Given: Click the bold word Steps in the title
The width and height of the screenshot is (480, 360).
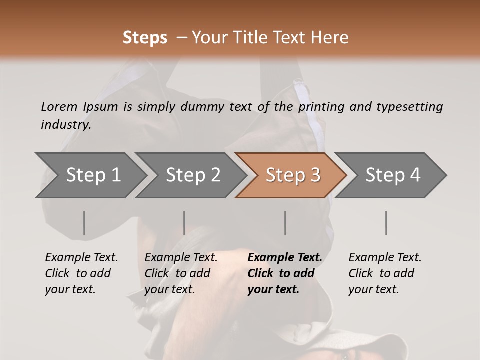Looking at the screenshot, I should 145,38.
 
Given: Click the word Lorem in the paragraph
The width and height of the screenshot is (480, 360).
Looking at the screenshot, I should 59,106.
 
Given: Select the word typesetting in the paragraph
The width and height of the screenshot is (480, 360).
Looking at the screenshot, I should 409,106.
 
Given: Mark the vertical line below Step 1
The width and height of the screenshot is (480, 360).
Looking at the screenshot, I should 84,223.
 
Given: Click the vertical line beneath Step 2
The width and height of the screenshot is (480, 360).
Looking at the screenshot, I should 184,223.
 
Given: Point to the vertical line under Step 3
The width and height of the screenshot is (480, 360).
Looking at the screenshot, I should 285,223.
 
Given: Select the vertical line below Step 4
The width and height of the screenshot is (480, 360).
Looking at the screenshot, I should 386,223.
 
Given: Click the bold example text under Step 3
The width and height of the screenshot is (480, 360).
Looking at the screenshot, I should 284,273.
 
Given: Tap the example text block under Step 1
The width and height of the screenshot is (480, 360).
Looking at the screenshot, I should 81,273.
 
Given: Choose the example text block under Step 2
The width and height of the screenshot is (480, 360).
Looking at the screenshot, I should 181,273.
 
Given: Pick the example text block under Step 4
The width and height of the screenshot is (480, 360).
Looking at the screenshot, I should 385,273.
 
